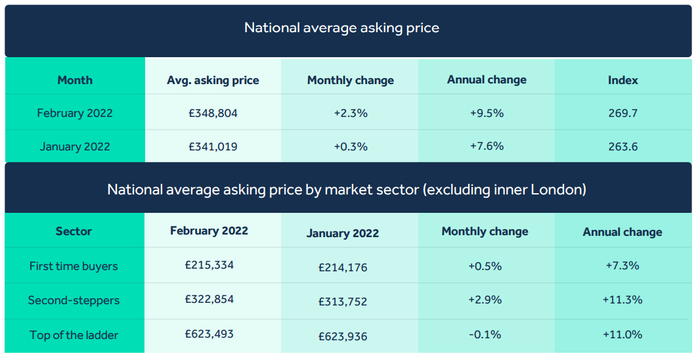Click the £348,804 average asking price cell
pos(213,113)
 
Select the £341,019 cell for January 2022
pos(213,146)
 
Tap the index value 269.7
pos(622,113)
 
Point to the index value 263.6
pos(622,146)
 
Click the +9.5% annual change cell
pos(487,113)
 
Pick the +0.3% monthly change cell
pos(351,146)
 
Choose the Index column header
pos(622,80)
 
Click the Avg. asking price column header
pos(213,81)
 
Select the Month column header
pos(75,80)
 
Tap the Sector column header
pos(74,231)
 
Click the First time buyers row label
pos(74,267)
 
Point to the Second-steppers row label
pos(74,300)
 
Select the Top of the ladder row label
pos(74,335)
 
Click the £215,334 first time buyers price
pos(209,265)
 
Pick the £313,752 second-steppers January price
pos(343,302)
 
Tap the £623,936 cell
pos(343,336)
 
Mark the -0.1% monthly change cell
pos(485,334)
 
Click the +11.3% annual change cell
pos(622,300)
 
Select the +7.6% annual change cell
pos(487,146)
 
